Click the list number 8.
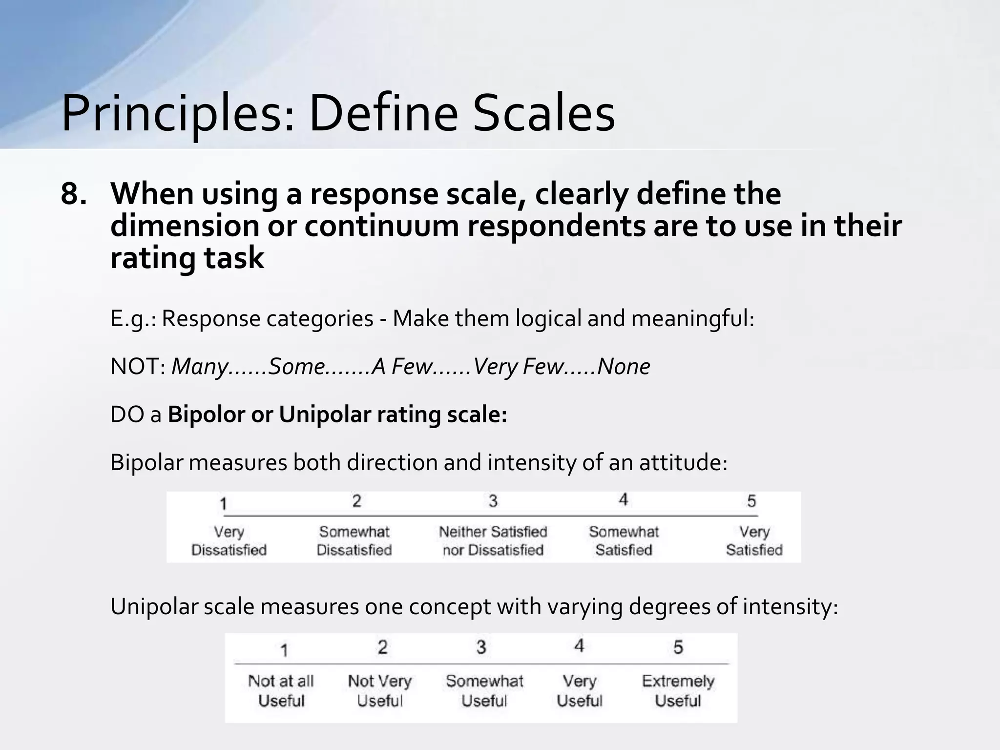(x=73, y=194)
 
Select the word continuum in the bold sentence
(x=381, y=226)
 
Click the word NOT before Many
(x=137, y=366)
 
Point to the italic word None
(x=624, y=366)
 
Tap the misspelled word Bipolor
(x=206, y=415)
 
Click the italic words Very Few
(x=518, y=366)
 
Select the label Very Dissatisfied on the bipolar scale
(x=229, y=541)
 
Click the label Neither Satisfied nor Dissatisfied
(x=493, y=541)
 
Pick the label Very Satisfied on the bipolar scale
(x=754, y=541)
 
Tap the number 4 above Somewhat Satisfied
(x=623, y=500)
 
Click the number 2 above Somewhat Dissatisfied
(x=356, y=500)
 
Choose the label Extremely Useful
(x=678, y=690)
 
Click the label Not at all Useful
(x=281, y=690)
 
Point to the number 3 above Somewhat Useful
(x=481, y=647)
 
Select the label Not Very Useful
(x=379, y=690)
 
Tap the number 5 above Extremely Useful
(x=678, y=647)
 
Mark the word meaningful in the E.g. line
(x=692, y=318)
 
